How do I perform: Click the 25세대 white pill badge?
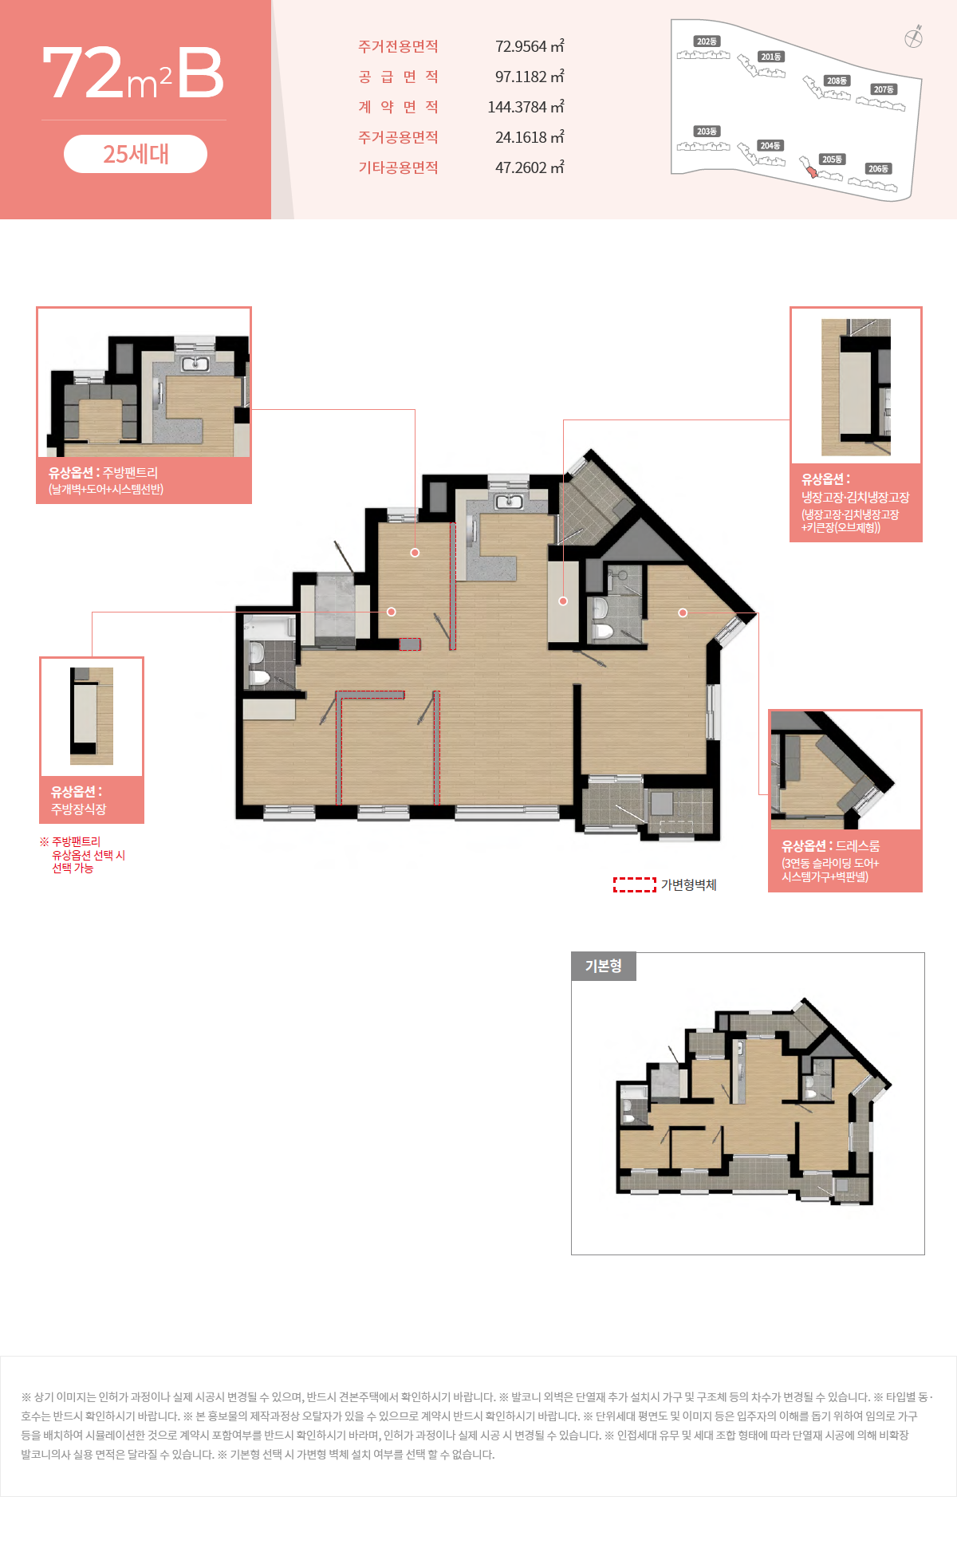click(136, 154)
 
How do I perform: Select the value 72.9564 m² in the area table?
click(530, 46)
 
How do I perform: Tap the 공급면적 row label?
click(398, 77)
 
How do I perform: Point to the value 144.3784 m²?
click(526, 107)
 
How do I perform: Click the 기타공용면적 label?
click(398, 167)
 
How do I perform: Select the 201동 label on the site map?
click(771, 57)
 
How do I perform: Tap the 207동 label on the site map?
click(884, 89)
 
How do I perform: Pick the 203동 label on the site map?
click(707, 131)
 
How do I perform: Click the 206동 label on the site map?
click(878, 168)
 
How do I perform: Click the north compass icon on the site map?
click(914, 37)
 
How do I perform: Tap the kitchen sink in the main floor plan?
click(509, 502)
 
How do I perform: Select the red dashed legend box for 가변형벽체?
click(635, 884)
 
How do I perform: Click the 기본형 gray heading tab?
click(604, 967)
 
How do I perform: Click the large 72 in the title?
click(83, 73)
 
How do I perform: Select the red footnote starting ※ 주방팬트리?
click(83, 855)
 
